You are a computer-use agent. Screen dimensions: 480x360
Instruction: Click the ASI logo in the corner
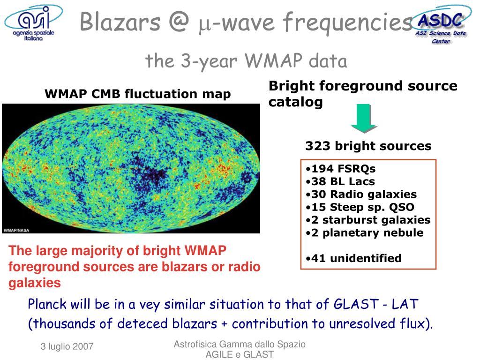(33, 23)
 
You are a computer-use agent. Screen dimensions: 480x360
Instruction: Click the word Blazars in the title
(120, 22)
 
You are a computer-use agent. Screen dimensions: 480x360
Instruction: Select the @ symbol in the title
(179, 22)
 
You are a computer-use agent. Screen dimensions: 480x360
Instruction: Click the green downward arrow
(364, 118)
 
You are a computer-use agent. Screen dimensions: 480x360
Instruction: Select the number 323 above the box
(318, 146)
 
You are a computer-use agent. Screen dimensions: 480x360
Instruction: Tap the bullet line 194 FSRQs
(340, 169)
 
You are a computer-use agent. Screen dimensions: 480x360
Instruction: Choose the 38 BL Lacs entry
(340, 181)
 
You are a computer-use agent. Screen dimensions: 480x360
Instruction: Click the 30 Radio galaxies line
(361, 195)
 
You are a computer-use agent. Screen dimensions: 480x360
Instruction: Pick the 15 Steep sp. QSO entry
(360, 207)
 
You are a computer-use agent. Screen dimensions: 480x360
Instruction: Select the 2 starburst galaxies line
(368, 220)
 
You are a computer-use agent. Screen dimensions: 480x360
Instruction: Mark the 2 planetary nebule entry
(365, 233)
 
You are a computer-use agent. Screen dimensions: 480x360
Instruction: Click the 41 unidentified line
(353, 258)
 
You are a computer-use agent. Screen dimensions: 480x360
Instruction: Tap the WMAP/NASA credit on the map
(16, 230)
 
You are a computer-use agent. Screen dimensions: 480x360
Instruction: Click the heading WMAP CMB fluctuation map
(138, 94)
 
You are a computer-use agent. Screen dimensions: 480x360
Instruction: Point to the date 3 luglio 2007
(67, 346)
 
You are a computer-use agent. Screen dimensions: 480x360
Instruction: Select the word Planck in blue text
(47, 304)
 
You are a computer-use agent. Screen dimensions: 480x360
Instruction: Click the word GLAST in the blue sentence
(356, 304)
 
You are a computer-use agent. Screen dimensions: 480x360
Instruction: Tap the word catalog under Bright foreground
(296, 102)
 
